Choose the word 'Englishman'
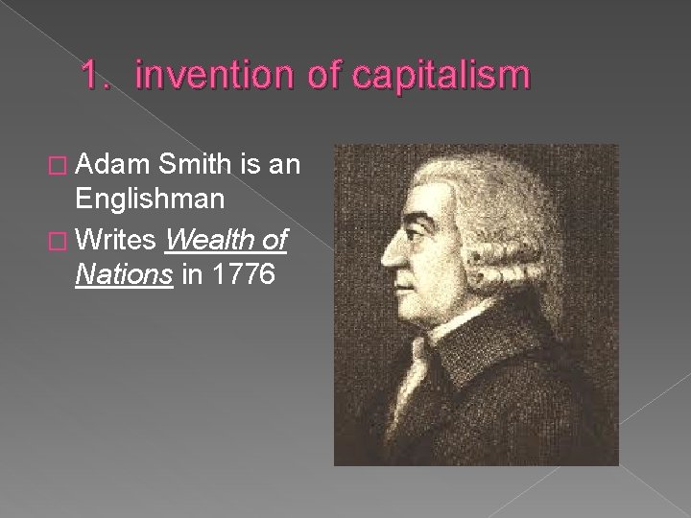pos(151,200)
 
